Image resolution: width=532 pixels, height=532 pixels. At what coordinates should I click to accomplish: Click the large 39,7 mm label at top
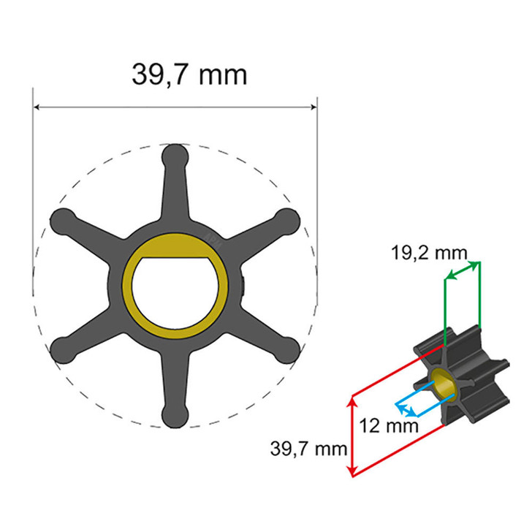[189, 74]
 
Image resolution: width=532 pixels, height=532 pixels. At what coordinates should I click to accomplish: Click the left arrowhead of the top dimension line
[37, 108]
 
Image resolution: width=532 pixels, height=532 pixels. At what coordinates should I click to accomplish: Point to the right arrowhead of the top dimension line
[313, 108]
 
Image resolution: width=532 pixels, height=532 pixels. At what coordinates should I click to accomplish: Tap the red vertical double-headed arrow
[354, 436]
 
